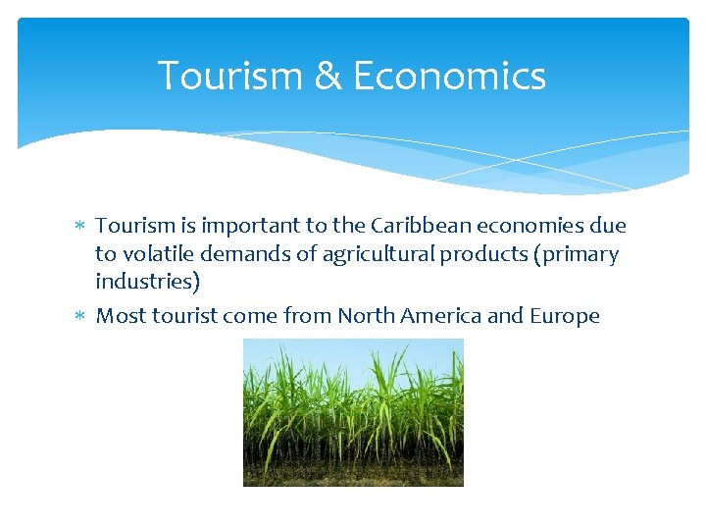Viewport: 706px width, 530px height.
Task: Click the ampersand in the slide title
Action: [327, 77]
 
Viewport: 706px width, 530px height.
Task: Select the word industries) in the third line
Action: [147, 283]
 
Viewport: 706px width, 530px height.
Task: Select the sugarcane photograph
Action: [353, 412]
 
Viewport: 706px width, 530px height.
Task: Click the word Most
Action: [121, 316]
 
